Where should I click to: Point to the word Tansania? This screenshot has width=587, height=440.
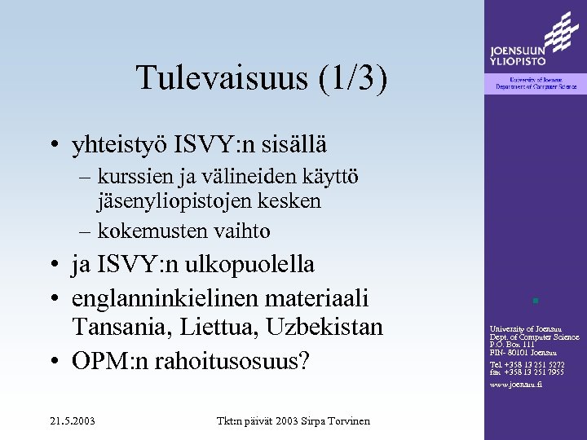point(122,328)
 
